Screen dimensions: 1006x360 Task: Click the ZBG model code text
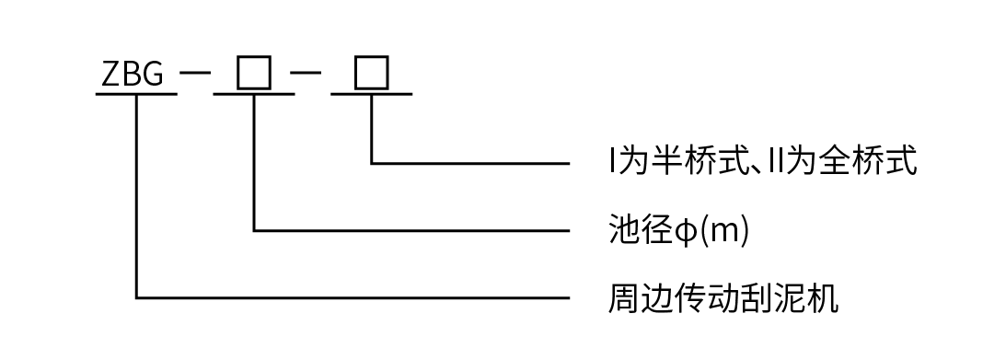[x=133, y=75]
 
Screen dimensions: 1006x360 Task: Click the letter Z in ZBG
[x=110, y=75]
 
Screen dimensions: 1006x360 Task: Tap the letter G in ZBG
[x=154, y=75]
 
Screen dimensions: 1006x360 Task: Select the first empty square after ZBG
[x=253, y=73]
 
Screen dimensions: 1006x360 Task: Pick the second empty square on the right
[x=371, y=73]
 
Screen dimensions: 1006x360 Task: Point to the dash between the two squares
[x=310, y=73]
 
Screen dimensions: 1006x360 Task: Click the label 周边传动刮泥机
[x=723, y=298]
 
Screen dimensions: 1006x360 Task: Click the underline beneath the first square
[x=254, y=94]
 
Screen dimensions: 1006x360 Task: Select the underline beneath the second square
[x=372, y=94]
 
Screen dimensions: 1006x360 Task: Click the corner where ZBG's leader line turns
[x=137, y=297]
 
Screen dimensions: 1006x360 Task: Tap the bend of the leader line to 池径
[x=254, y=230]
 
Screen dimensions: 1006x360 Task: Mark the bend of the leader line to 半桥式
[x=372, y=164]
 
